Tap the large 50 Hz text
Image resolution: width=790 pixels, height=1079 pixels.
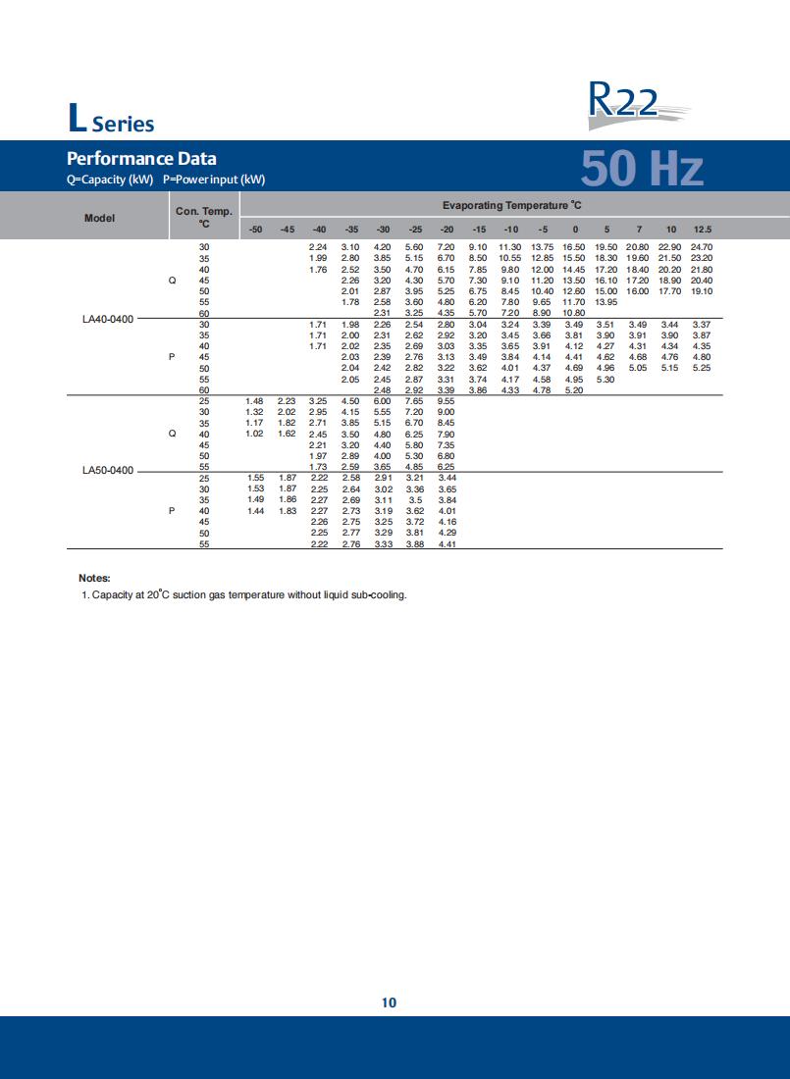click(x=642, y=168)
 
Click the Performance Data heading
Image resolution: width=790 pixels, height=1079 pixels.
click(x=141, y=158)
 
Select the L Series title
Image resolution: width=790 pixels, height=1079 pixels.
click(x=111, y=121)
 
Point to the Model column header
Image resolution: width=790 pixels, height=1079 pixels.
click(x=99, y=218)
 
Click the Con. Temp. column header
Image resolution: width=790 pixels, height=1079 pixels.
click(x=203, y=217)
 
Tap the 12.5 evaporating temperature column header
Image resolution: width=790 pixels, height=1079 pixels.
click(x=703, y=229)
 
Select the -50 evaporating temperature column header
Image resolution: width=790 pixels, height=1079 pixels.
click(x=255, y=229)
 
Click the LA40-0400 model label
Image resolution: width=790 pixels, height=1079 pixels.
click(x=108, y=319)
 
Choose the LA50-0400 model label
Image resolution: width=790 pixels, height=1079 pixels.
click(x=108, y=471)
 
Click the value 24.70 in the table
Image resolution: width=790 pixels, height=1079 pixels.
click(x=702, y=246)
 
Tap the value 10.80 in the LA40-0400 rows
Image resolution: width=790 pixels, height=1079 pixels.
click(x=574, y=313)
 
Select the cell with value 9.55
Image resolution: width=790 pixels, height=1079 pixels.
click(x=447, y=401)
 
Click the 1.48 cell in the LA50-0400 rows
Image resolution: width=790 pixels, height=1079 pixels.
click(x=255, y=401)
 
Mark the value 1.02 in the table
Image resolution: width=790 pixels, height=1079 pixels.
click(x=255, y=434)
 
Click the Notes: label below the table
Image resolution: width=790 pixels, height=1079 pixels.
click(x=94, y=578)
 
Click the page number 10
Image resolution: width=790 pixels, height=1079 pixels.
click(x=389, y=1002)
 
